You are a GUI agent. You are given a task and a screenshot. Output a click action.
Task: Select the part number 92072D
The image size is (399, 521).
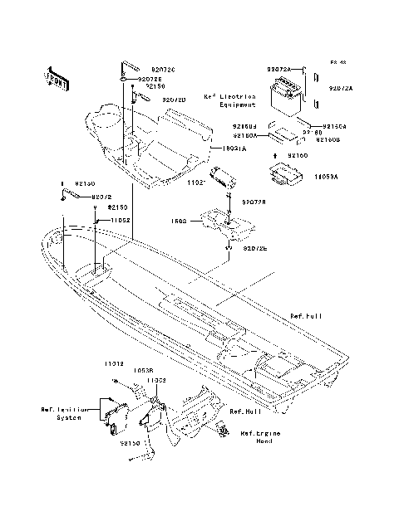coord(174,100)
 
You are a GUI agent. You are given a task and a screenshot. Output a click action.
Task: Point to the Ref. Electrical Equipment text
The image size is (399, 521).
coord(229,102)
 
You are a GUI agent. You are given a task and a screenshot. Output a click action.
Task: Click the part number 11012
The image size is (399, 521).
coord(114,364)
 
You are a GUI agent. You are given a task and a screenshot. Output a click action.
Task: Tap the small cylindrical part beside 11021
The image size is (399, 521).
coord(222,176)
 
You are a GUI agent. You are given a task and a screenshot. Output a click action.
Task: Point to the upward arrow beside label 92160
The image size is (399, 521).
coord(277,155)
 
